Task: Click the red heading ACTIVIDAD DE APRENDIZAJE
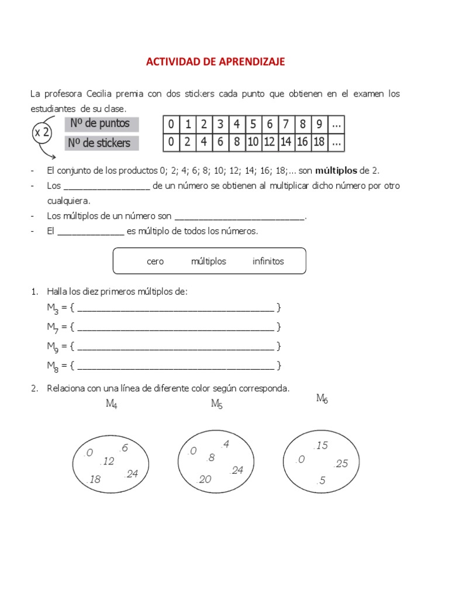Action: [215, 61]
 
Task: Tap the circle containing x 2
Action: [42, 133]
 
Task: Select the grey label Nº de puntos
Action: [101, 124]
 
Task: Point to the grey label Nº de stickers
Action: [101, 143]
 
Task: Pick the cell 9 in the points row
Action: [319, 124]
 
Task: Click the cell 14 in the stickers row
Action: [286, 142]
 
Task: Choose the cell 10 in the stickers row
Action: [253, 142]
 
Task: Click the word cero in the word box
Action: [156, 261]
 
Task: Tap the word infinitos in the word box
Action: [268, 261]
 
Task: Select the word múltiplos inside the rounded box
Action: [208, 261]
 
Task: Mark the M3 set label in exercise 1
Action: [53, 309]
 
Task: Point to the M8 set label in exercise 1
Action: [53, 367]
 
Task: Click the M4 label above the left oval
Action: [112, 404]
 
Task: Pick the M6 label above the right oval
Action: [322, 399]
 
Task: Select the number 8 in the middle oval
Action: [211, 458]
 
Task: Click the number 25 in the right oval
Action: [341, 464]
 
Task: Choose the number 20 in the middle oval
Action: [205, 480]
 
